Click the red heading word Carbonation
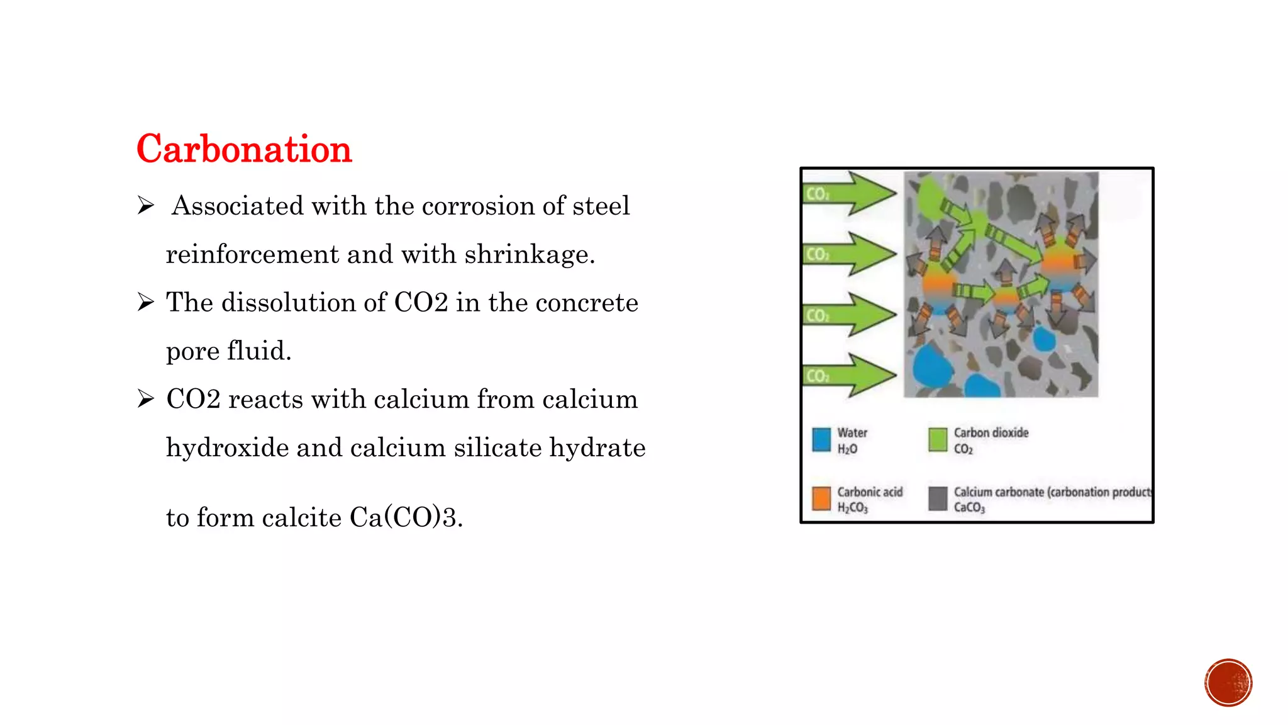click(x=244, y=149)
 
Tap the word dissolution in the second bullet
click(x=303, y=303)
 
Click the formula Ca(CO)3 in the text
click(x=405, y=518)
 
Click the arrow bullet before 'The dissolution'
click(x=146, y=303)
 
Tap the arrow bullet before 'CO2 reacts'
click(x=146, y=399)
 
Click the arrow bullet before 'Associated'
click(x=146, y=206)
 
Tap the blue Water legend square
click(x=821, y=440)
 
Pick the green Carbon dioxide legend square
click(x=938, y=440)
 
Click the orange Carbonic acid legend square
click(x=821, y=498)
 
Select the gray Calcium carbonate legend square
click(x=938, y=498)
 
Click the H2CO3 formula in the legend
click(x=852, y=508)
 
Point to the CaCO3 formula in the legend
click(x=969, y=508)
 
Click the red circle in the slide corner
click(x=1228, y=683)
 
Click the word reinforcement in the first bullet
click(x=252, y=255)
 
